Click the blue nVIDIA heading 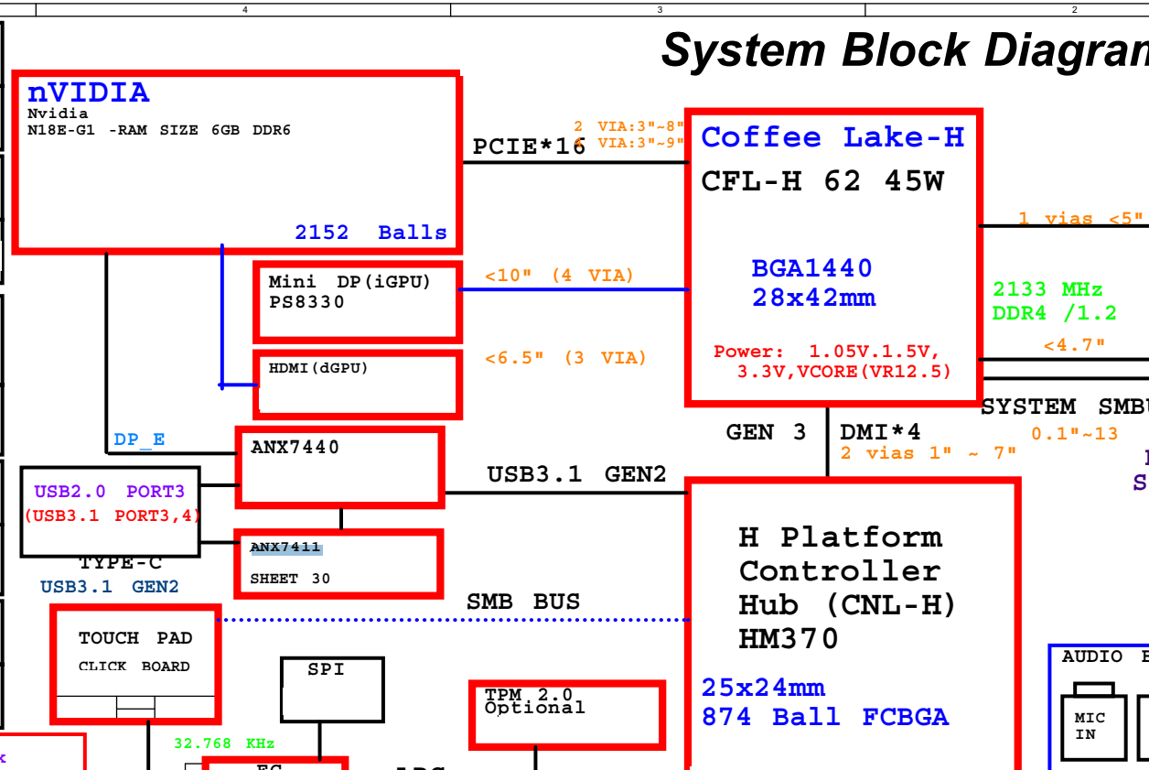coord(88,92)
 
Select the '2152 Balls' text coord(370,233)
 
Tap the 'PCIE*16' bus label coord(528,146)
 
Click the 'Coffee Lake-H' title coord(832,137)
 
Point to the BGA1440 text coord(811,268)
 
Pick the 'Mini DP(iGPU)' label coord(349,282)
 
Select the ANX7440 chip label coord(295,447)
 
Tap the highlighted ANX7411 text coord(286,548)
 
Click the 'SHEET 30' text coord(290,579)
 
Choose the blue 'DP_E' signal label coord(139,439)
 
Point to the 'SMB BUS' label coord(523,602)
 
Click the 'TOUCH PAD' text coord(135,638)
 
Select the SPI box coord(331,689)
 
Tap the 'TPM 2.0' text coord(529,695)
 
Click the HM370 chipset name coord(788,639)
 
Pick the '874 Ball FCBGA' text coord(824,717)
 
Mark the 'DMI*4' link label coord(880,432)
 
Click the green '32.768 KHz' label coord(224,743)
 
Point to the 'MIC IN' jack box coord(1092,727)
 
